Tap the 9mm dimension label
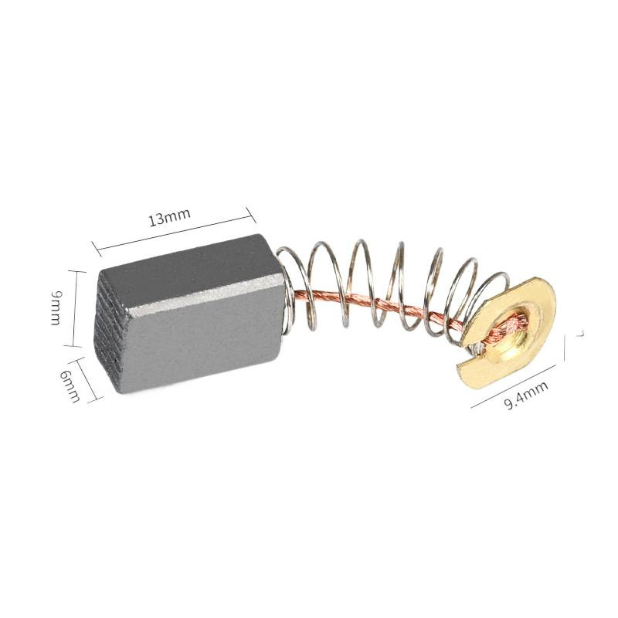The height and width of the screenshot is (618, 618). pos(55,308)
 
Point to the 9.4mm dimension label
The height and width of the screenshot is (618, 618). pos(527,393)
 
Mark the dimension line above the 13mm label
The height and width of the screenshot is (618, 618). pos(174,229)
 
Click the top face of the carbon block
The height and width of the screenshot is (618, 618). pos(185,259)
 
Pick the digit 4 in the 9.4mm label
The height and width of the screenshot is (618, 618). pos(523,395)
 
